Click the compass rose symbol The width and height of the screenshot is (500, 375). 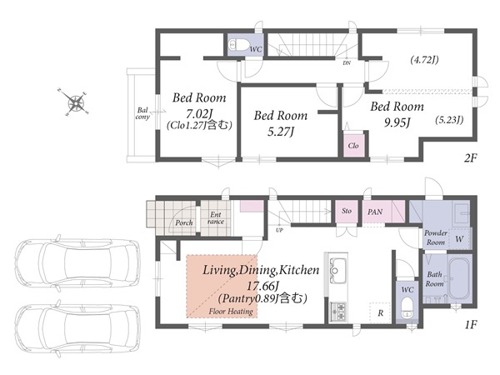(77, 102)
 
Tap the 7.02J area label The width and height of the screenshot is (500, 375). (200, 113)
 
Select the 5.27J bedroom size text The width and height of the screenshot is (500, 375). (281, 131)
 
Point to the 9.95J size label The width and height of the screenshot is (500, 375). (397, 122)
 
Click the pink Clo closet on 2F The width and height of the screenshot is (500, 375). (353, 144)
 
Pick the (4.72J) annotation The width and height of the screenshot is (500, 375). (424, 60)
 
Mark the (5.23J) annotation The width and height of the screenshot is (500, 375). (449, 120)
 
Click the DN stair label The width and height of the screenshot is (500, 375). (347, 63)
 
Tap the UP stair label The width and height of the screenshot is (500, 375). (279, 230)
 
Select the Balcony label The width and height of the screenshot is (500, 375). (142, 113)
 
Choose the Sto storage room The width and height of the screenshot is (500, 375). (347, 211)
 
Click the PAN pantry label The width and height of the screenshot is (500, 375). (375, 212)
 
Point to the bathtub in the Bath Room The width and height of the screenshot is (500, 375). (459, 278)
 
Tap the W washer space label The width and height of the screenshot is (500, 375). (459, 239)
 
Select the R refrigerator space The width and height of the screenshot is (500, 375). (381, 312)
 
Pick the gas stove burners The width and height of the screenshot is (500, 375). (337, 312)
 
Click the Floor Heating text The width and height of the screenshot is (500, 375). (231, 311)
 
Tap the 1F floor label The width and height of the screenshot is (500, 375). (470, 325)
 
